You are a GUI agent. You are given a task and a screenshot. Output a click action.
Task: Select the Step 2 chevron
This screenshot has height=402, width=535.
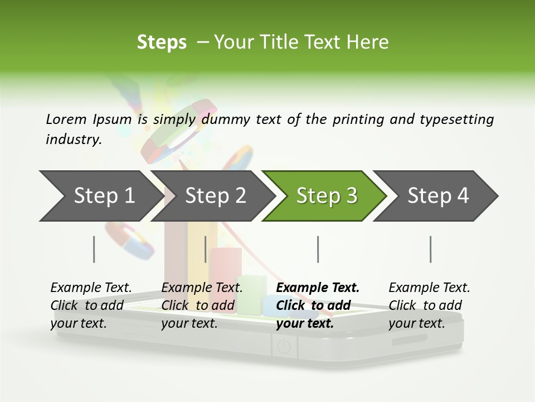coord(215,196)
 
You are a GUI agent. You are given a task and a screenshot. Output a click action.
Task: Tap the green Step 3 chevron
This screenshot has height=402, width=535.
coord(326,196)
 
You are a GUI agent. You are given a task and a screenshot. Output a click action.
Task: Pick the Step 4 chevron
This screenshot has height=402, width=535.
coord(437,196)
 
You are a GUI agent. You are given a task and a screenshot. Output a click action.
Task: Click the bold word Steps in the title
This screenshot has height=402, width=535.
coord(162,42)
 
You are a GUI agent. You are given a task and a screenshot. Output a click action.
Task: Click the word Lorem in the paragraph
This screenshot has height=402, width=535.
coord(66,119)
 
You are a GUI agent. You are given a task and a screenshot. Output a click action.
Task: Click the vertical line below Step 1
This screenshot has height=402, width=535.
coord(94,249)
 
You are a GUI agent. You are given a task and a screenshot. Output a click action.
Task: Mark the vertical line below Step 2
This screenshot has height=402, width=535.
coord(206,249)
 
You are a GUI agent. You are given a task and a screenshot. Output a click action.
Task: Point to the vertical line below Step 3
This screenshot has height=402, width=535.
coord(318,249)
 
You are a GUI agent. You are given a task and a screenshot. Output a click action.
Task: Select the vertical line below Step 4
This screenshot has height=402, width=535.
coord(430,249)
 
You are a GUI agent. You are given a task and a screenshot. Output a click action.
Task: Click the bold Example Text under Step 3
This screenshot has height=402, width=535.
coord(318,288)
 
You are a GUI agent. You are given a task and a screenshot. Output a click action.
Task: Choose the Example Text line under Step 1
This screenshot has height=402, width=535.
coord(91,288)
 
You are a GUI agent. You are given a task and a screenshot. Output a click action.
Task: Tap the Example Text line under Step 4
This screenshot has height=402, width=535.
coord(429,288)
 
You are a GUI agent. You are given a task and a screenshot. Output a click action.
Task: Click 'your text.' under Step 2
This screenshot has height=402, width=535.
coord(189,323)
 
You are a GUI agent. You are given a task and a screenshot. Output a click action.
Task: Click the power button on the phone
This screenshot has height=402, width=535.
coord(284,347)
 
